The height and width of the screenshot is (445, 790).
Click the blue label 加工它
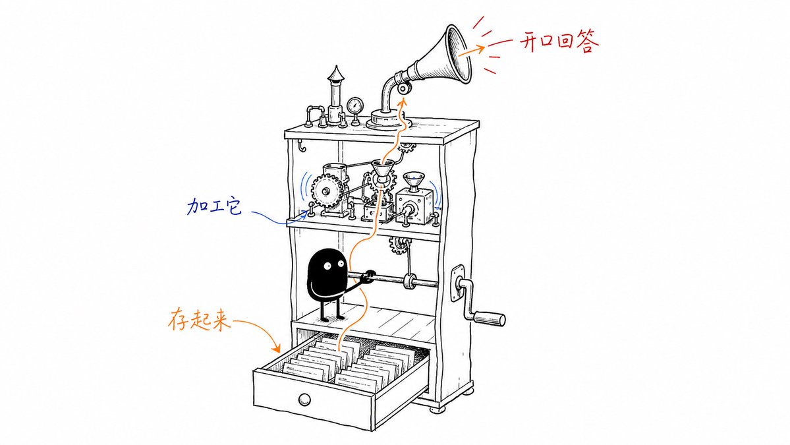click(215, 206)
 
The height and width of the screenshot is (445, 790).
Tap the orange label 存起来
click(199, 320)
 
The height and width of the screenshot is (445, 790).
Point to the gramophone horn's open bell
click(459, 53)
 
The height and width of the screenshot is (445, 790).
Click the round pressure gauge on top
click(355, 106)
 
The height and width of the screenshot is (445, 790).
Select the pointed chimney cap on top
click(335, 74)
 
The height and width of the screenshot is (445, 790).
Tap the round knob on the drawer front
click(304, 400)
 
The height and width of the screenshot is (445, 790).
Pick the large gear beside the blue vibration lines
click(327, 191)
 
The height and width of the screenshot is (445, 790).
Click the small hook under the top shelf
click(301, 145)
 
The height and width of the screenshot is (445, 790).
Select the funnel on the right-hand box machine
click(414, 181)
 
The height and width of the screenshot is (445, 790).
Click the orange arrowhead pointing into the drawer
click(277, 348)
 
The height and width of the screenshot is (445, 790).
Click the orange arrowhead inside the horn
click(480, 47)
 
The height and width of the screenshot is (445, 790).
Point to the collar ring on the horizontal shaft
click(410, 282)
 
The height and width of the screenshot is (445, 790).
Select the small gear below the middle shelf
click(399, 245)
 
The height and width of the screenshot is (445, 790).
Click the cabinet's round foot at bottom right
click(437, 409)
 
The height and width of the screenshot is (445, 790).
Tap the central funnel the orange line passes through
click(383, 171)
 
